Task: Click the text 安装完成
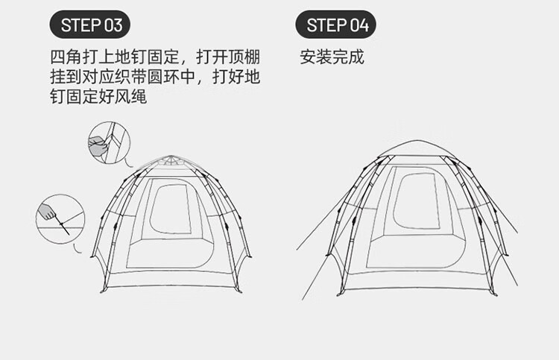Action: coord(332,57)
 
